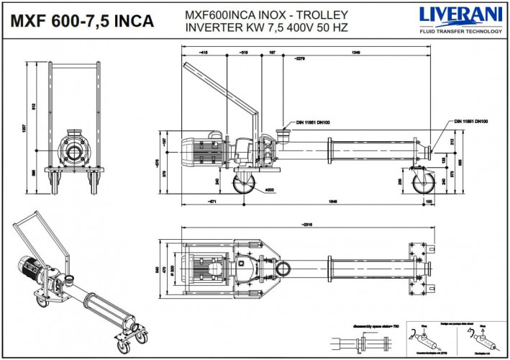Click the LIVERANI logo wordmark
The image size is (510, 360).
click(460, 15)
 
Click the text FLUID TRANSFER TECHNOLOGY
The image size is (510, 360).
click(460, 32)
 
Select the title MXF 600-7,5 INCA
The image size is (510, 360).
click(81, 20)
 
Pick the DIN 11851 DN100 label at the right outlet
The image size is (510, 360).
click(470, 122)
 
